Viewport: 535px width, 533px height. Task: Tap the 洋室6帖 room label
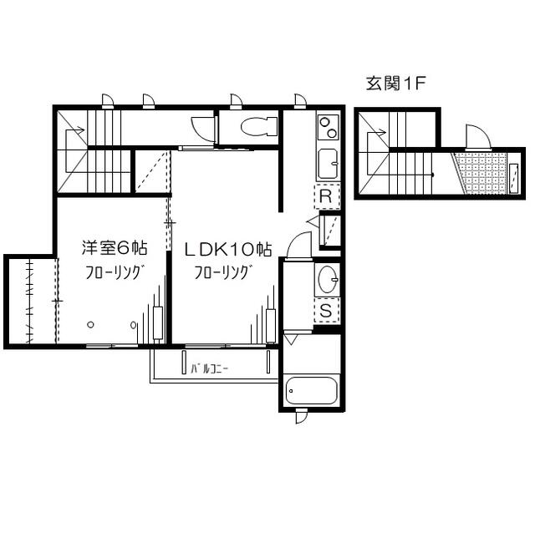pos(115,247)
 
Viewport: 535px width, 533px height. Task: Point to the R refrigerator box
pos(327,197)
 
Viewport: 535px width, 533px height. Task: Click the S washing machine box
pos(327,312)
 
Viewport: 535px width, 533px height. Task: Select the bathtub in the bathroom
pos(311,390)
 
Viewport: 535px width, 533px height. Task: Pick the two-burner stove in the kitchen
pos(328,128)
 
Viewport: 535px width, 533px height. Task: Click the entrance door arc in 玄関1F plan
pos(476,137)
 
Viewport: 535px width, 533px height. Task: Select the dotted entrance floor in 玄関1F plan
pos(484,173)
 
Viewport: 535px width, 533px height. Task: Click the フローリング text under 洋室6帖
pos(115,272)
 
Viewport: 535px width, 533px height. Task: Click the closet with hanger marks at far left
pos(31,300)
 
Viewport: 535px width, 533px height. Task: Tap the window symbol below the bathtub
pos(301,415)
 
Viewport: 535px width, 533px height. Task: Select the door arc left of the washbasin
pos(298,246)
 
